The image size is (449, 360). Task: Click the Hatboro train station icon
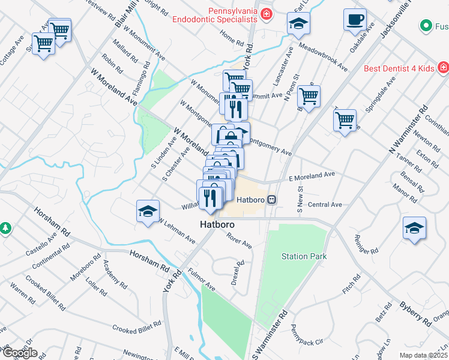coord(272,200)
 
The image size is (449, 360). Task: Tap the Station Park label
coord(304,256)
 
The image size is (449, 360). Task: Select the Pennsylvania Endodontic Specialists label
coord(215,15)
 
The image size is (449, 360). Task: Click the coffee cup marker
coord(355,19)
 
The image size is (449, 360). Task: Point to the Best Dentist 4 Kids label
coord(399,68)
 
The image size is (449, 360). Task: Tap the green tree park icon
coord(5,229)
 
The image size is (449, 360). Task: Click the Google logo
coord(19,352)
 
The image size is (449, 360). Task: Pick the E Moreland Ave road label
coord(311,175)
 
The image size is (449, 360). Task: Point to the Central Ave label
coord(324,205)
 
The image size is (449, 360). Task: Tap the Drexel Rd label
coord(238,272)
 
